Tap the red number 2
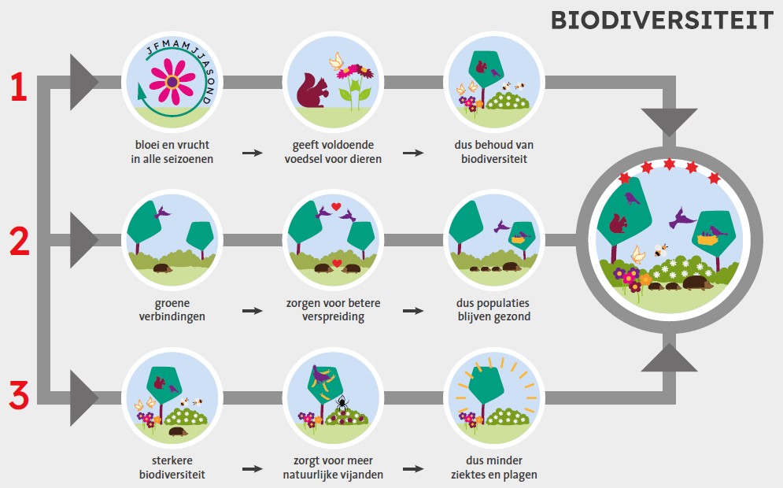click(x=19, y=242)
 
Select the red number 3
click(x=19, y=395)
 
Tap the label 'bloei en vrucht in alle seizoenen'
click(x=173, y=152)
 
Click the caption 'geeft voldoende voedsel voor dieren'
click(x=333, y=152)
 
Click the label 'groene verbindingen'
click(x=173, y=309)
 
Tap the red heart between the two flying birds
click(x=336, y=207)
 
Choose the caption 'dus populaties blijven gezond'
click(x=493, y=309)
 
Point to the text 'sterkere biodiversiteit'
click(x=173, y=467)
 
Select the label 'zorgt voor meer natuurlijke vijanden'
click(x=333, y=467)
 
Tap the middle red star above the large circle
click(x=670, y=165)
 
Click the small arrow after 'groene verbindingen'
click(x=253, y=311)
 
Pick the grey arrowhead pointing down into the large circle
click(x=669, y=123)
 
